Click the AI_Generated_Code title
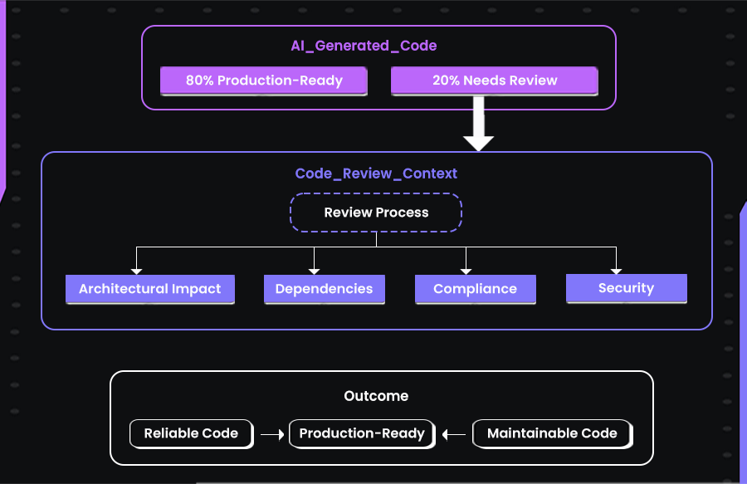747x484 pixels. (364, 46)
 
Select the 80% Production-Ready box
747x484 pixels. (264, 81)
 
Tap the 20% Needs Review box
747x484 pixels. (494, 81)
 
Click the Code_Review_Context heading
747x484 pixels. (376, 174)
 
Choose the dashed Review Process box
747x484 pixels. (376, 213)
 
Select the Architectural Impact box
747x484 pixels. (150, 289)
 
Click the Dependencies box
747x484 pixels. (324, 289)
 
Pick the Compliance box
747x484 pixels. (475, 289)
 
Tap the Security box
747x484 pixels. (626, 288)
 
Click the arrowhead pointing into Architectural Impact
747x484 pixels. (137, 270)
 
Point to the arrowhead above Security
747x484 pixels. (616, 269)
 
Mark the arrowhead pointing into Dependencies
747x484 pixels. (314, 270)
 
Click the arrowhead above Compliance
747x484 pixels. (466, 270)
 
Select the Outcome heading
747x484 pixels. (376, 396)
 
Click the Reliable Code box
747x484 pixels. (191, 433)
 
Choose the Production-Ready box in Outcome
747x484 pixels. (362, 433)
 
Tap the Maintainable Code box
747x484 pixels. (552, 433)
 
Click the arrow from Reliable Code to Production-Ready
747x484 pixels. (271, 433)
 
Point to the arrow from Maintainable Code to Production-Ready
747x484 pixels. (454, 433)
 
